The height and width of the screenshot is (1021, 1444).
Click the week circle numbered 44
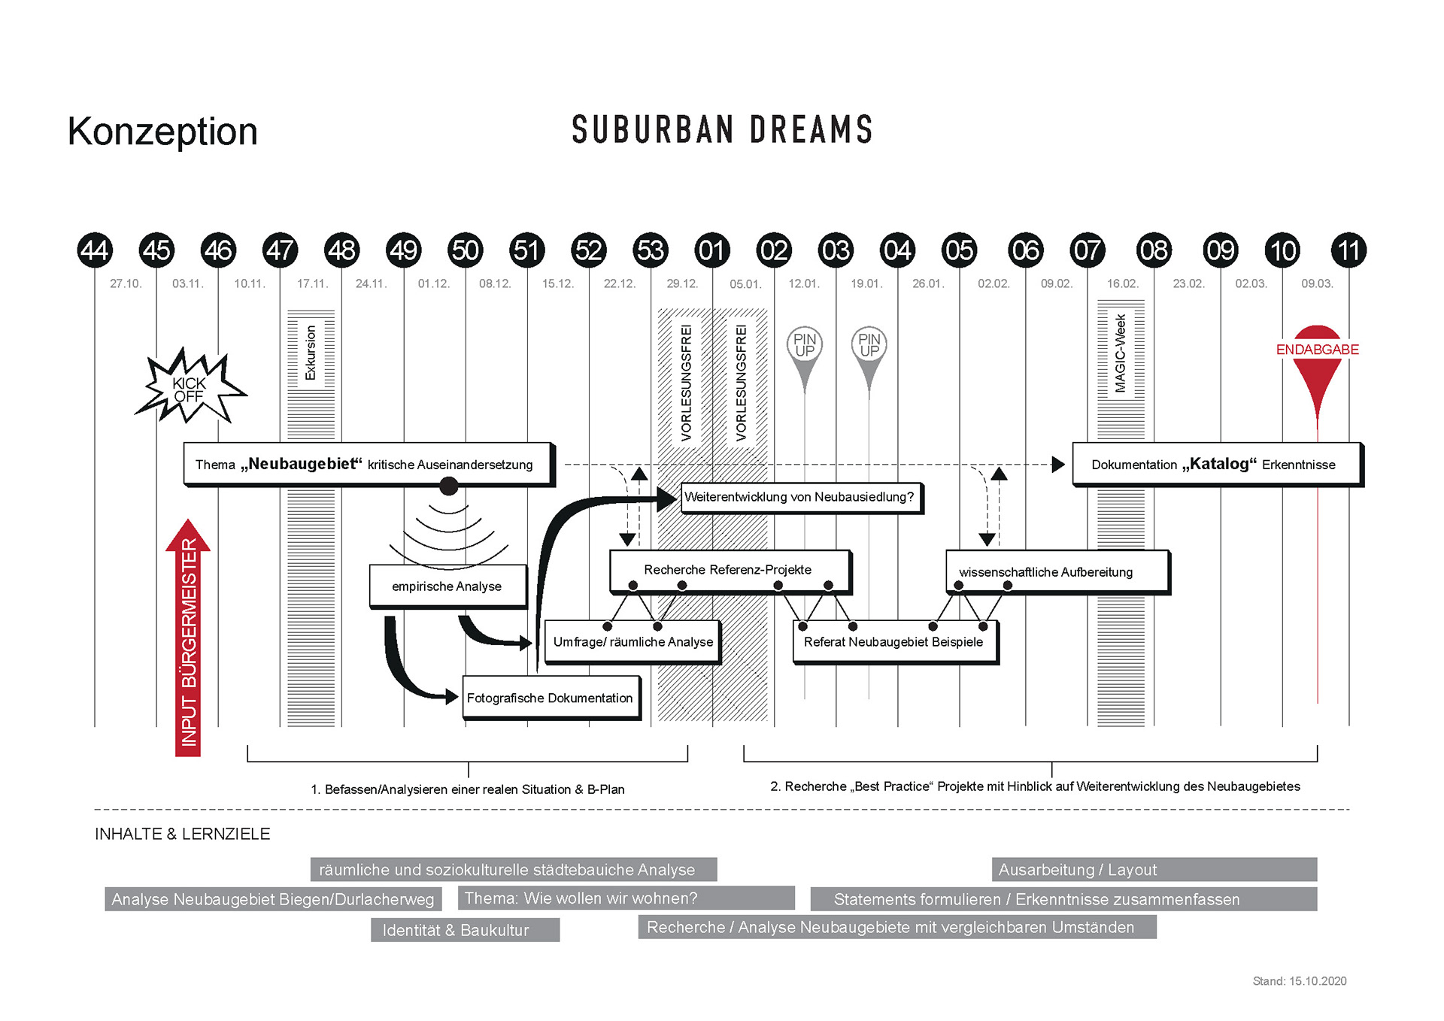(x=95, y=250)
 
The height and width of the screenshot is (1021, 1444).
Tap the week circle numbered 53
(x=651, y=250)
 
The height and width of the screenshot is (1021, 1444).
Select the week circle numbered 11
(x=1348, y=250)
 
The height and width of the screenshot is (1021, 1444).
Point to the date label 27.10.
(x=126, y=283)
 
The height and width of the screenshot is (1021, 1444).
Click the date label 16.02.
(x=1122, y=283)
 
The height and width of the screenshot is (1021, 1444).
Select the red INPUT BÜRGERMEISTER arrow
(x=188, y=639)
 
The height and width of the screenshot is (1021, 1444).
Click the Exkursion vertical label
(x=311, y=352)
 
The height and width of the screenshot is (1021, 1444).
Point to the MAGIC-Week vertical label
(x=1121, y=353)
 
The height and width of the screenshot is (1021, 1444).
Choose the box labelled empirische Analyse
(x=447, y=586)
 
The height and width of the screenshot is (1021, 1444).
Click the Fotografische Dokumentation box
(x=551, y=698)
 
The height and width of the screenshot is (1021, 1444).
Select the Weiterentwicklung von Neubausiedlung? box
(x=800, y=497)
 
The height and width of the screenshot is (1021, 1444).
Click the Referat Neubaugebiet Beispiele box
(x=894, y=641)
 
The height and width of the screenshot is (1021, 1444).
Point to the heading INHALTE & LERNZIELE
(x=183, y=834)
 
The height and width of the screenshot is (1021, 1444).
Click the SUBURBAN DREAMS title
(x=722, y=130)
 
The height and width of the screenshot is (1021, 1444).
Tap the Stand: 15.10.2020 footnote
(x=1299, y=981)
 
